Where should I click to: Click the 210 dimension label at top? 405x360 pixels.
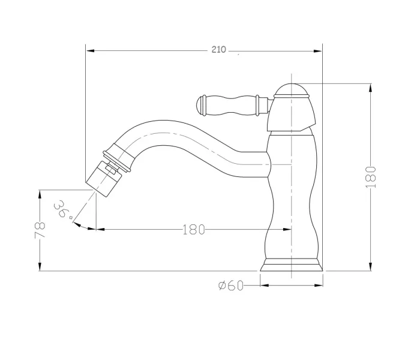coord(219,49)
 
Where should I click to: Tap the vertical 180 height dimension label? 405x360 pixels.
coord(371,177)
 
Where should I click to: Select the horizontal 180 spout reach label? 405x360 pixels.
coord(194,229)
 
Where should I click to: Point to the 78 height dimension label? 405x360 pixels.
coord(40,230)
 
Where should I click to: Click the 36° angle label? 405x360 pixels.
coord(63,209)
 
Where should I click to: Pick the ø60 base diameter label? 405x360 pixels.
coord(230,286)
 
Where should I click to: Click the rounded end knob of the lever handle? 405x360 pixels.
coord(202,106)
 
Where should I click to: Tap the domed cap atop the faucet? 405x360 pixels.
coord(292,90)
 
